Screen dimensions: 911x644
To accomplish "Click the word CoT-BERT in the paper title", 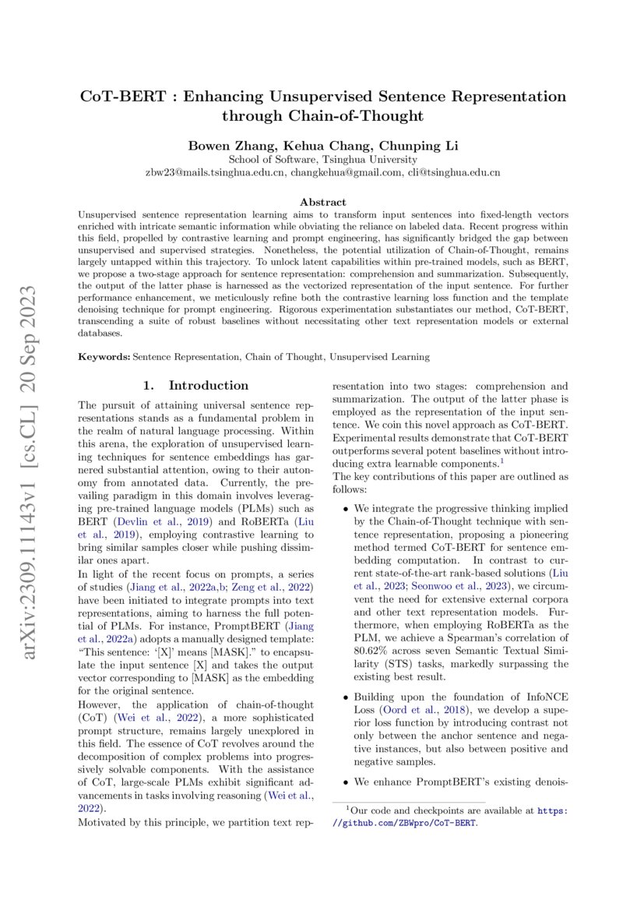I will [119, 97].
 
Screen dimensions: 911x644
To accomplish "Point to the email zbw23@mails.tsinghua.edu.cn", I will [215, 172].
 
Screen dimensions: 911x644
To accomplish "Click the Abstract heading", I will [323, 202].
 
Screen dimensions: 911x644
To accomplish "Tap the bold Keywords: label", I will [104, 357].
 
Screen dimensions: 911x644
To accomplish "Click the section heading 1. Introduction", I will [196, 386].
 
